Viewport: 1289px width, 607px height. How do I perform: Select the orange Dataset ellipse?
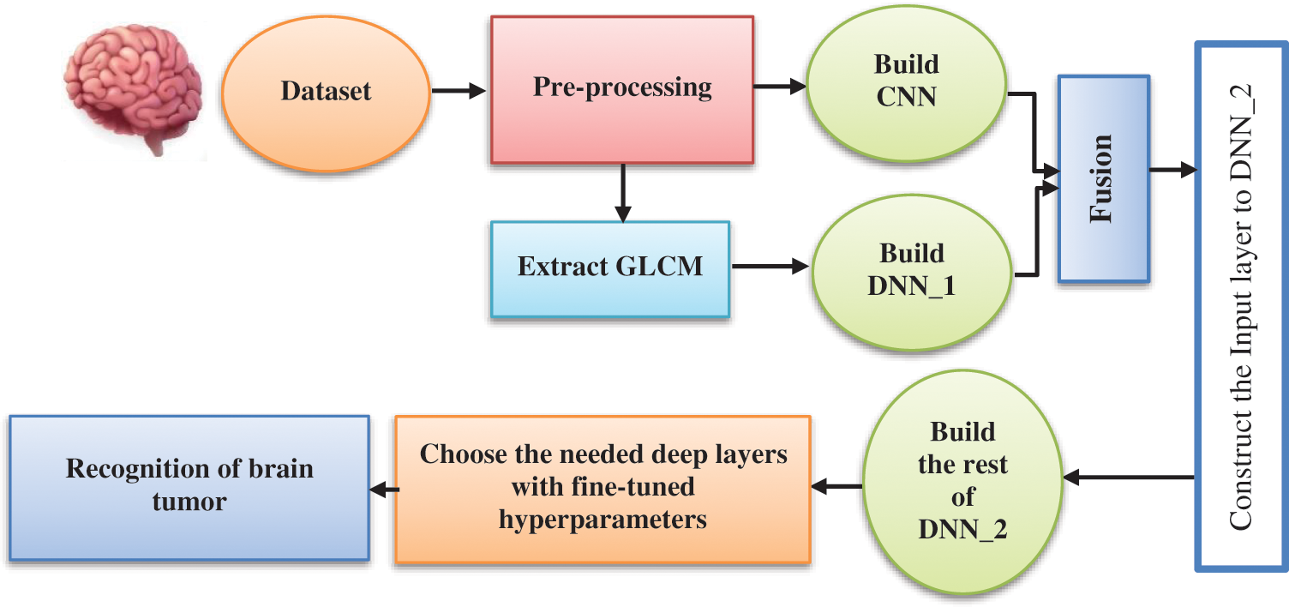pos(326,90)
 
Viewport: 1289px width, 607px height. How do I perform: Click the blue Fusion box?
pos(1103,178)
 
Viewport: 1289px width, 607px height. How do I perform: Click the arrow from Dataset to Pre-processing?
pos(458,90)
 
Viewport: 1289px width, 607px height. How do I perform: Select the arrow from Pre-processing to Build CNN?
pos(780,86)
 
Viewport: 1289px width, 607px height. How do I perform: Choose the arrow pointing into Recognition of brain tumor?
pos(382,489)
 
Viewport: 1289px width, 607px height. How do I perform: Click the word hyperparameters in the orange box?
pos(603,520)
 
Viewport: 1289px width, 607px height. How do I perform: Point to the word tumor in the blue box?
pos(189,502)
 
